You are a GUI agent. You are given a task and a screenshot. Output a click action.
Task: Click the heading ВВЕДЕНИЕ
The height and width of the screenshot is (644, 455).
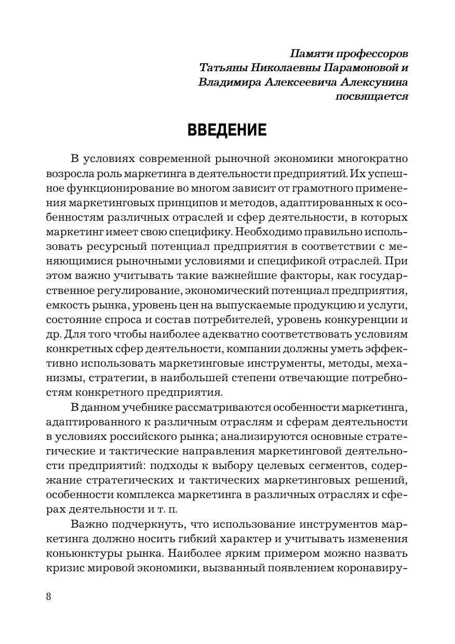pyautogui.click(x=227, y=129)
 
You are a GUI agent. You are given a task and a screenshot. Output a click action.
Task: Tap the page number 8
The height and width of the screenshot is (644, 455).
pyautogui.click(x=49, y=596)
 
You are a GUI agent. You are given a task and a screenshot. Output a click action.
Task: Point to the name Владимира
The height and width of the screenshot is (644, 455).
pyautogui.click(x=225, y=82)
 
